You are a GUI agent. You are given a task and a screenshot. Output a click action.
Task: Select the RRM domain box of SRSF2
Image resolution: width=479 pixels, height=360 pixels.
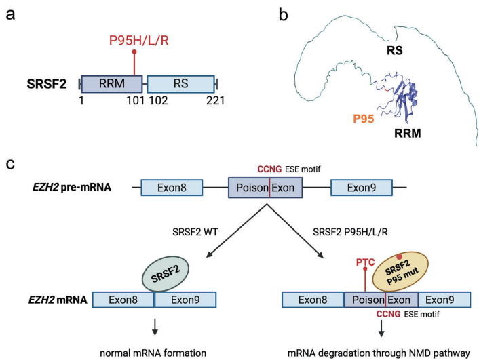pyautogui.click(x=111, y=84)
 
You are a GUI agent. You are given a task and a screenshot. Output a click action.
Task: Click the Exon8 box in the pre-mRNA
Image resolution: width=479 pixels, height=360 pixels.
pyautogui.click(x=172, y=187)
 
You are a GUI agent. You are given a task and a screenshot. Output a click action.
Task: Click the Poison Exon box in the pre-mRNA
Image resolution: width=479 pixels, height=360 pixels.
pyautogui.click(x=265, y=187)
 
